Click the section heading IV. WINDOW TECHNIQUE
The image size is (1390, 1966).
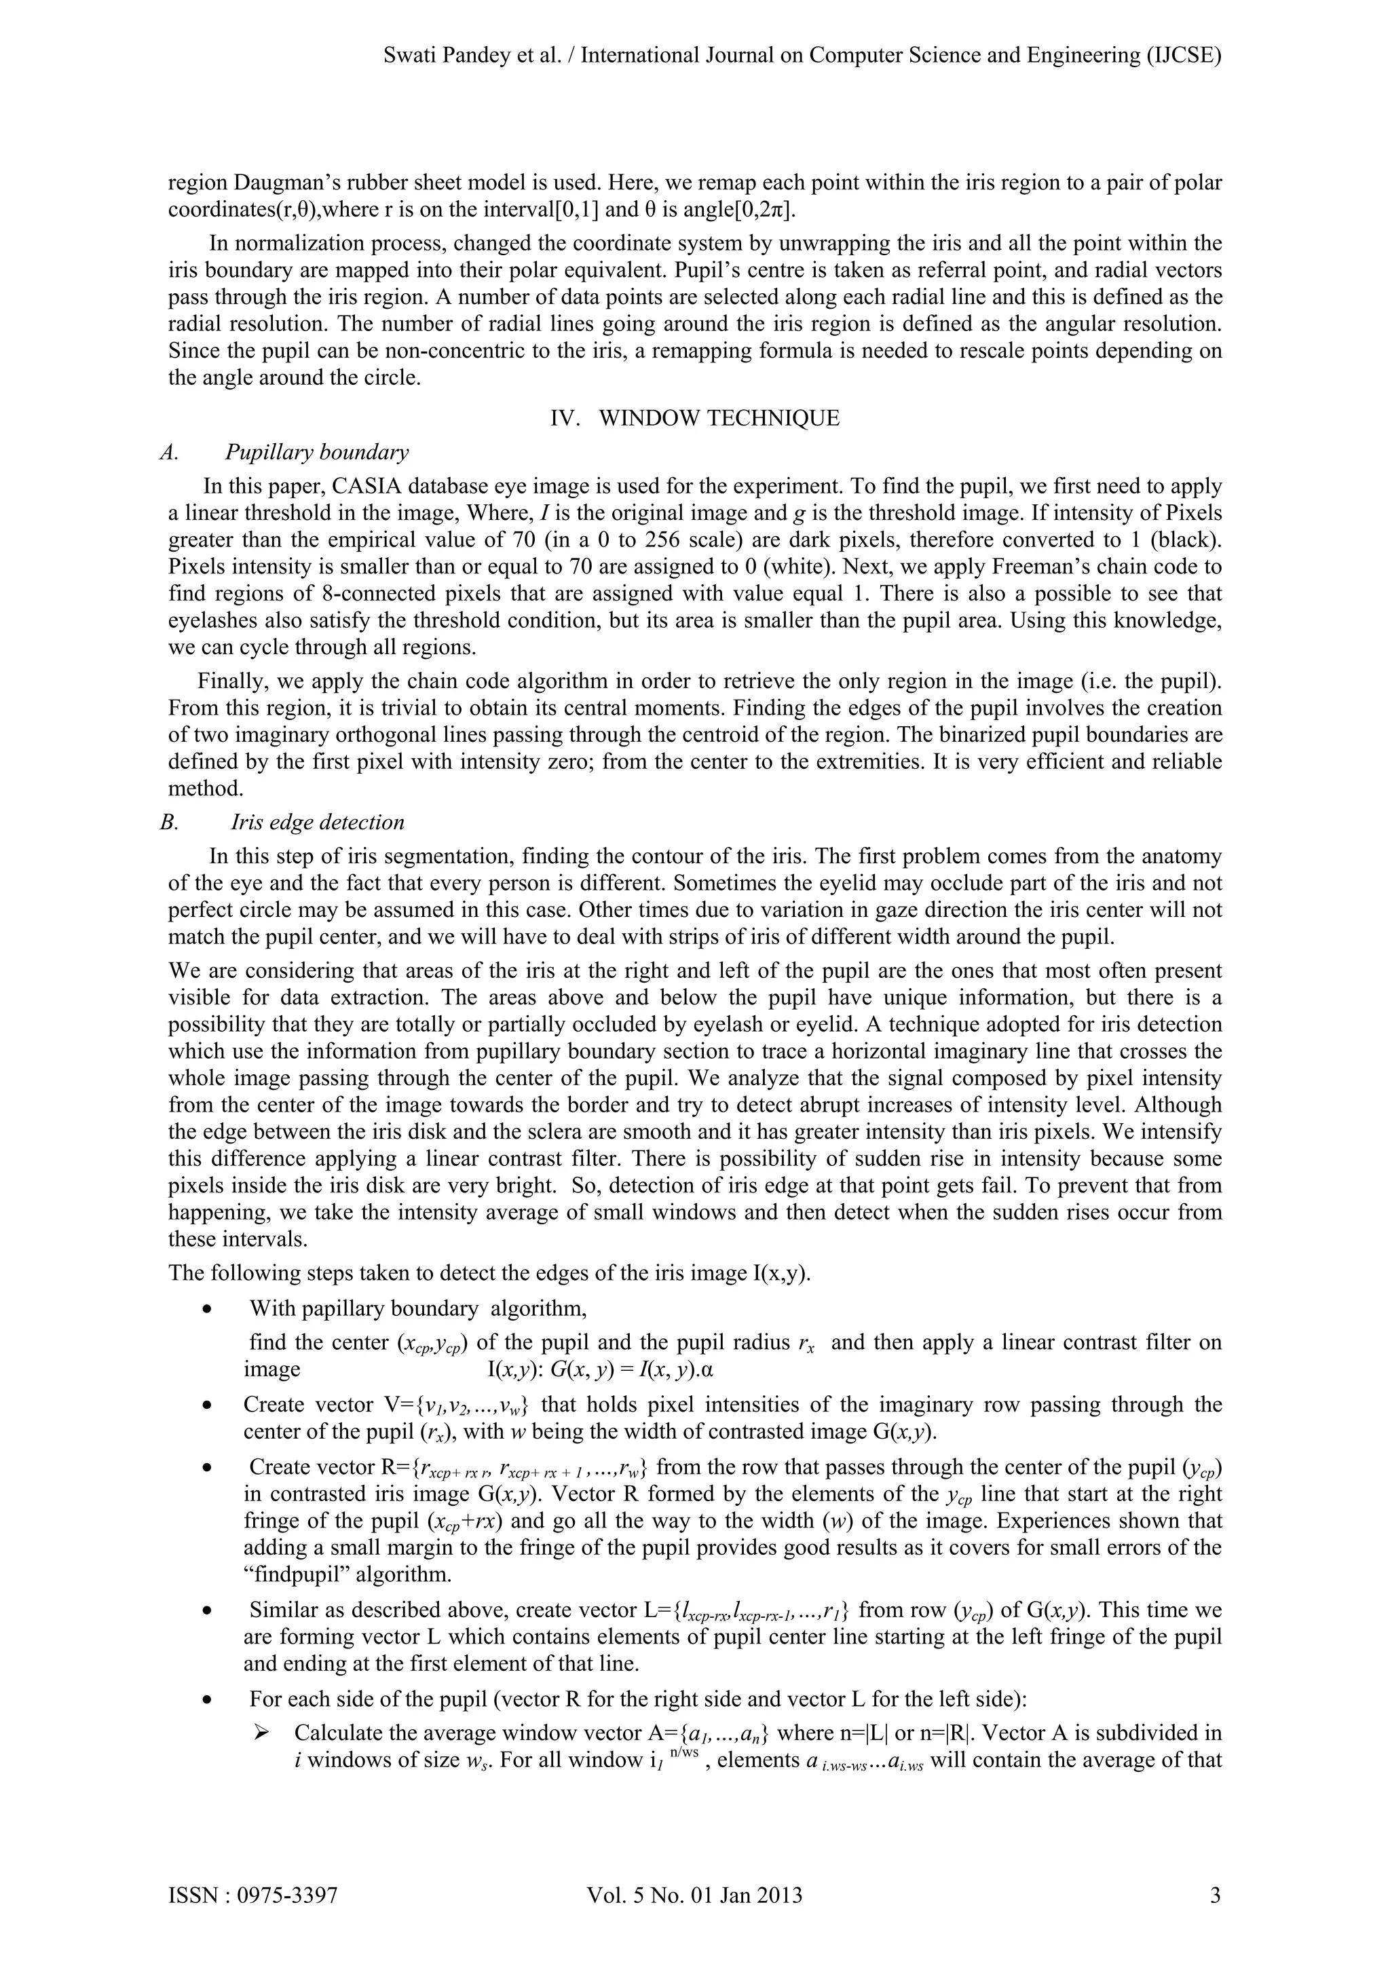[694, 418]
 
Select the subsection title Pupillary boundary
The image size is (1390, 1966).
[316, 452]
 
